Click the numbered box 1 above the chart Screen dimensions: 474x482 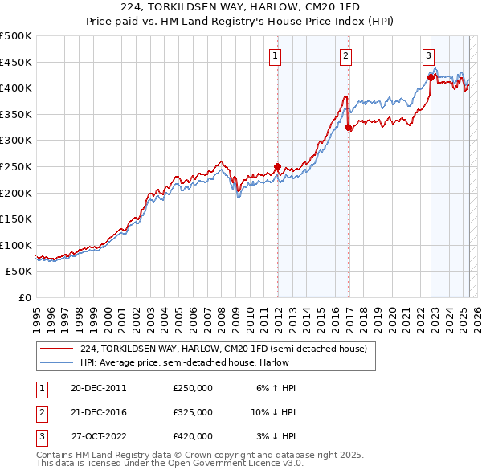pyautogui.click(x=276, y=55)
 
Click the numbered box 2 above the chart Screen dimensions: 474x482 pyautogui.click(x=345, y=55)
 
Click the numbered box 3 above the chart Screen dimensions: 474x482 pyautogui.click(x=429, y=55)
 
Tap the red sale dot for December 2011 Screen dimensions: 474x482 pyautogui.click(x=278, y=167)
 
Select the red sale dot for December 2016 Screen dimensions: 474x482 pyautogui.click(x=348, y=127)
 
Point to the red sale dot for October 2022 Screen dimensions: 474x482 pyautogui.click(x=431, y=77)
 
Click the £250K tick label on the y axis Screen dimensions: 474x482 pyautogui.click(x=16, y=166)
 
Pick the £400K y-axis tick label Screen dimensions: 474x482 pyautogui.click(x=16, y=88)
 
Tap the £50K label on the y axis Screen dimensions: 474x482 pyautogui.click(x=19, y=272)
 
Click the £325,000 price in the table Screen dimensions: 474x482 pyautogui.click(x=193, y=412)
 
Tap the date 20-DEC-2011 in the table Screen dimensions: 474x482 pyautogui.click(x=98, y=388)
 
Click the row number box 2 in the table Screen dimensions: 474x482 pyautogui.click(x=39, y=412)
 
